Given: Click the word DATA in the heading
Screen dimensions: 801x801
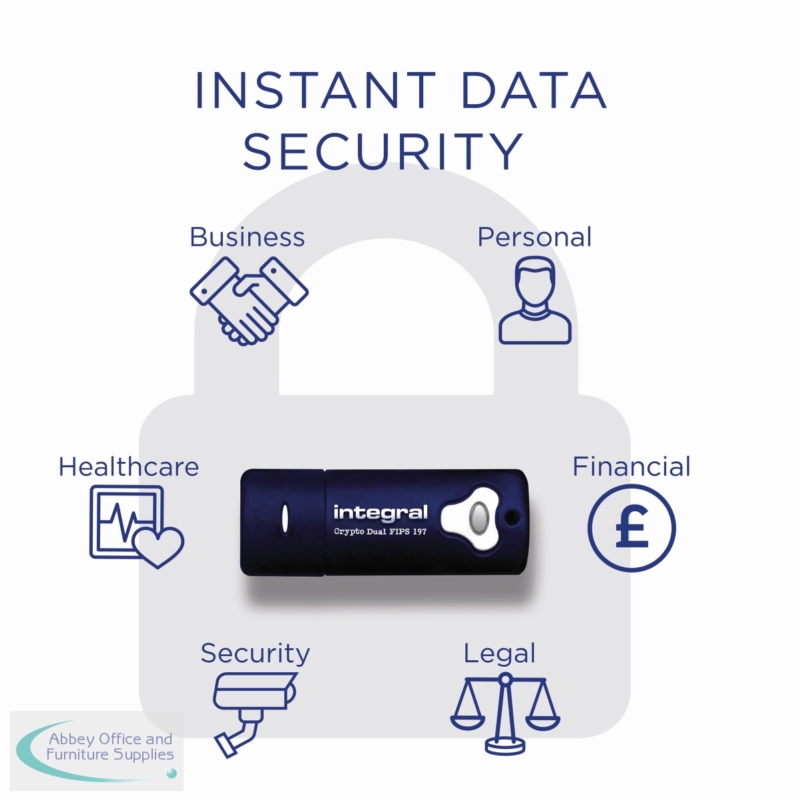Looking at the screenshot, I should point(533,91).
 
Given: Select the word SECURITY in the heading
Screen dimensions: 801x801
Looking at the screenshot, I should point(382,152).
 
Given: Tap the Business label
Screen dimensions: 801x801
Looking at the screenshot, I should point(247,237).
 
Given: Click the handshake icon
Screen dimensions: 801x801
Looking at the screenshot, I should point(248,300).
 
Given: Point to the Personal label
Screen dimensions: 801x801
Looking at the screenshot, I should point(535,237).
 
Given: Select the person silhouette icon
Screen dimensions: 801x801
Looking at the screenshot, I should point(535,302).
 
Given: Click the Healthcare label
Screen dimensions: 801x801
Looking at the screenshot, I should point(129,467).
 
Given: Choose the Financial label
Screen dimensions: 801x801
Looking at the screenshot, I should point(631,467).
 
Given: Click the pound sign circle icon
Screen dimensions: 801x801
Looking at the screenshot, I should point(631,528).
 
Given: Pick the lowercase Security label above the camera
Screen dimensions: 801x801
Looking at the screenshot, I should point(255,653).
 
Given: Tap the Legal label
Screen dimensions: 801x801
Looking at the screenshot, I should point(499,653).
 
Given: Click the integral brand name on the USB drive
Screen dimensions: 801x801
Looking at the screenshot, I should point(380,513).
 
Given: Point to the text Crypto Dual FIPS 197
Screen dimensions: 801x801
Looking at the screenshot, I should point(380,532).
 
